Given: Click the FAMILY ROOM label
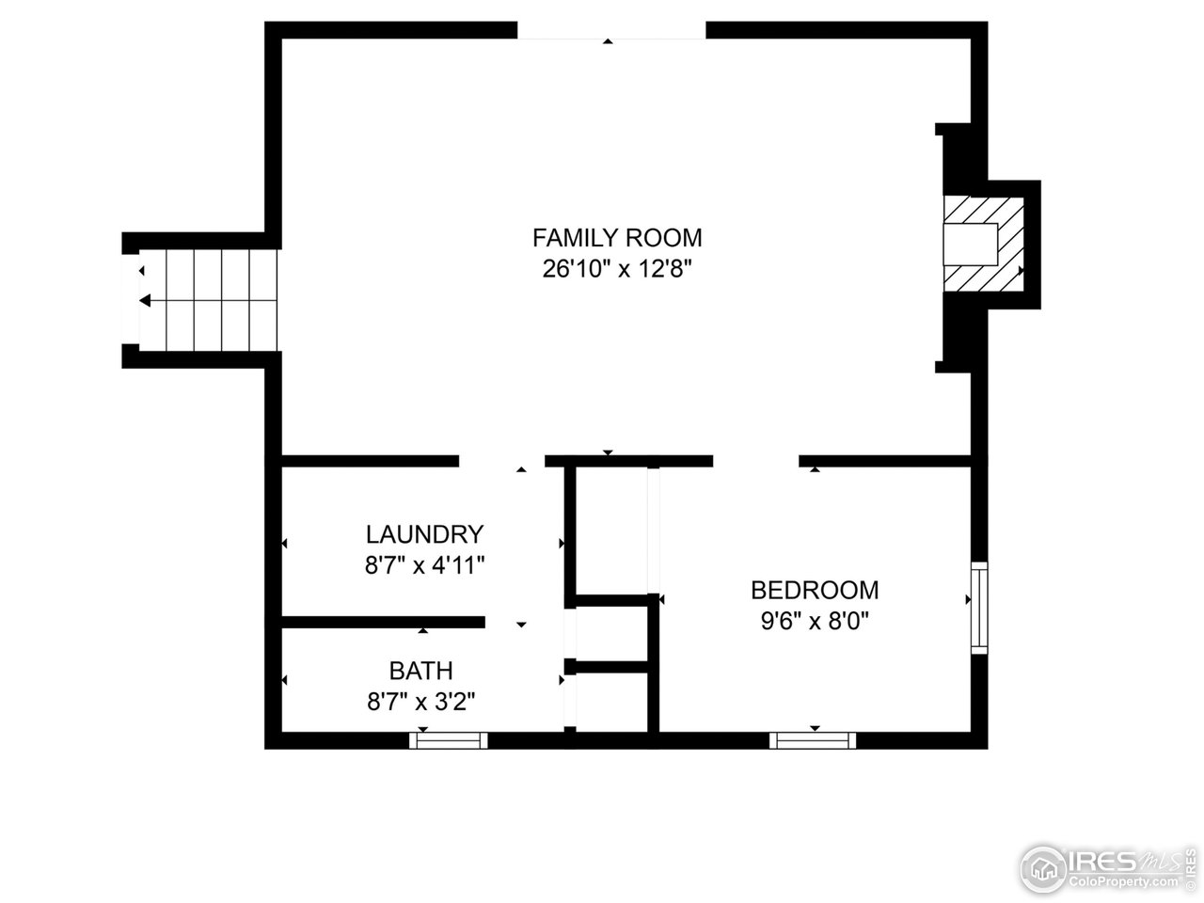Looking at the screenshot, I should tap(617, 237).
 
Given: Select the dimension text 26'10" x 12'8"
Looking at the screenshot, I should tap(617, 269).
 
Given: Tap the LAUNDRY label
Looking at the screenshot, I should tap(424, 535).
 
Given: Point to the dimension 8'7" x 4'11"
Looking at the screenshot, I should tap(424, 565).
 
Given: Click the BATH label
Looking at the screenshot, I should tap(420, 671).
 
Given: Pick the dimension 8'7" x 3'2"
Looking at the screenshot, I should tap(420, 702).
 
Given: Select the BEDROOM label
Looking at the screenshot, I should tap(815, 590).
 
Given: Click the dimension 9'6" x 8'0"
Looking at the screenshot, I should tap(815, 621).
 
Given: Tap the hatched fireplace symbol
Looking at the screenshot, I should tap(984, 244).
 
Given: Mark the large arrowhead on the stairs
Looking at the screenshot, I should tap(145, 301).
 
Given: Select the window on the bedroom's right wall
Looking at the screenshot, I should tap(979, 608).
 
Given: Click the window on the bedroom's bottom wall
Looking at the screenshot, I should tap(813, 740).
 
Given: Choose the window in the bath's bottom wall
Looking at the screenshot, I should tap(449, 740).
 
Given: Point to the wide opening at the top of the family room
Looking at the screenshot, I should tap(610, 31).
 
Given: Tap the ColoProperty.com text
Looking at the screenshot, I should tap(1129, 882).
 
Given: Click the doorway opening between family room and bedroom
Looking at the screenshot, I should tap(755, 461).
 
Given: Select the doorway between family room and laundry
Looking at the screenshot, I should tap(501, 461).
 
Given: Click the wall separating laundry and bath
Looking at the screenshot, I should tap(383, 623).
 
